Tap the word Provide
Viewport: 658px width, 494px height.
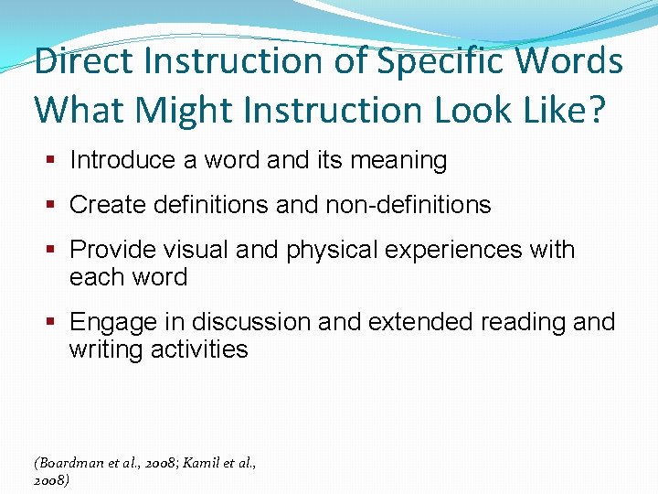[x=114, y=250]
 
